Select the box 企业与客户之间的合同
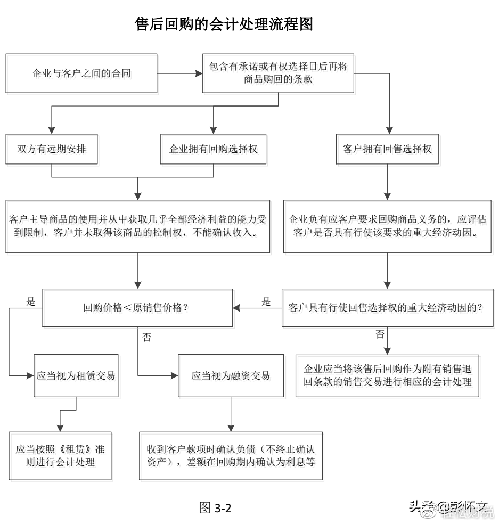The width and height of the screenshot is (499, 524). tap(81, 73)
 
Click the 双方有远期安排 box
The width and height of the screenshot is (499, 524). tap(52, 149)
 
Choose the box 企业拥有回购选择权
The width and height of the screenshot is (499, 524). tap(213, 149)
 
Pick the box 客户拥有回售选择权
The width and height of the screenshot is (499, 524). tap(387, 149)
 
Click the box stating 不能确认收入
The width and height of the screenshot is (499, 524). tap(138, 226)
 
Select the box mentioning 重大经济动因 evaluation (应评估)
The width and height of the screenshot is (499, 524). tap(387, 226)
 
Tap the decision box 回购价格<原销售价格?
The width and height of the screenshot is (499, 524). tap(138, 308)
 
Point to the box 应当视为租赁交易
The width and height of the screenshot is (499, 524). tap(76, 375)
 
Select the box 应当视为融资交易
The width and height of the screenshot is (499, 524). tap(231, 375)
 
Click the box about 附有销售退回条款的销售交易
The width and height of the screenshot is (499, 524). tap(387, 375)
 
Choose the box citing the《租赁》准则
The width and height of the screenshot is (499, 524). tap(60, 456)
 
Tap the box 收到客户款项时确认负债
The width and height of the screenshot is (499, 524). tap(231, 456)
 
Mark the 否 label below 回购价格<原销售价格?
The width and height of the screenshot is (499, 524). tap(147, 338)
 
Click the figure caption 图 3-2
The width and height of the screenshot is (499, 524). tap(215, 507)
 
